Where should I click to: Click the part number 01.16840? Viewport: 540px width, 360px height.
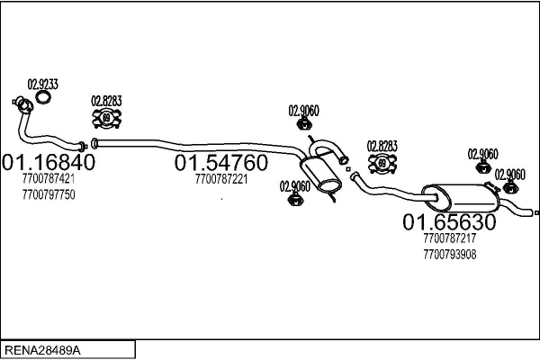49,163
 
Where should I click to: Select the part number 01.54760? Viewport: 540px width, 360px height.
220,163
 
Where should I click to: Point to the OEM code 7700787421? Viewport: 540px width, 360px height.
49,179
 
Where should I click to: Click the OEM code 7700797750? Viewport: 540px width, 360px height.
49,193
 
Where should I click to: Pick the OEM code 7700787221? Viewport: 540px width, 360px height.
220,179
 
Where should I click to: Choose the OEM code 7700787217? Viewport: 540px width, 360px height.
449,239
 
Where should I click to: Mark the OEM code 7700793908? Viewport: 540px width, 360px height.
449,255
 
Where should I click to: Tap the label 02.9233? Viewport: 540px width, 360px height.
42,84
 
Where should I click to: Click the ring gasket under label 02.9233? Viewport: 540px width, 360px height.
42,97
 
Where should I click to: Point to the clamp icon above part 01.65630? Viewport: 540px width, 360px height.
382,163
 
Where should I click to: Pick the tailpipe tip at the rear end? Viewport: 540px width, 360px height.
535,213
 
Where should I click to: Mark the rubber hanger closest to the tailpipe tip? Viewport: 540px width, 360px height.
510,187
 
